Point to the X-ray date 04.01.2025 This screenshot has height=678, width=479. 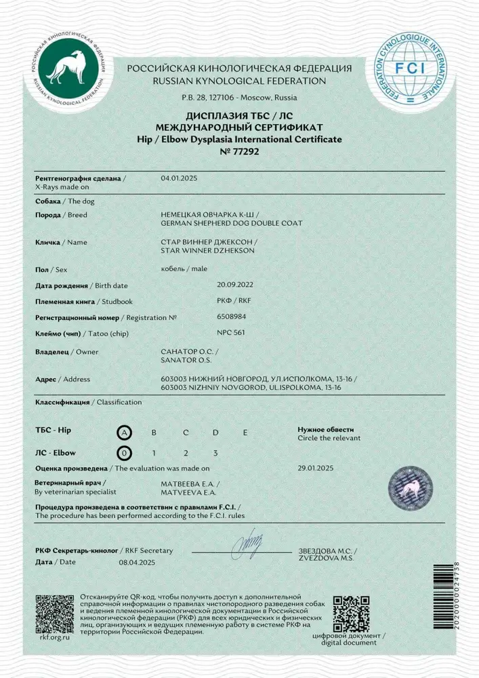pyautogui.click(x=178, y=178)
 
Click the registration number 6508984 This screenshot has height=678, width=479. pyautogui.click(x=232, y=316)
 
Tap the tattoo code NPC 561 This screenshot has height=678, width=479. pyautogui.click(x=230, y=333)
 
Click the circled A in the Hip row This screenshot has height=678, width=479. pyautogui.click(x=123, y=433)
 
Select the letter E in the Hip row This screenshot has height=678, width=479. pyautogui.click(x=245, y=433)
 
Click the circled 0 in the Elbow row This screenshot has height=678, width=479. pyautogui.click(x=123, y=452)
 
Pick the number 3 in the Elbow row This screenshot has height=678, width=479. pyautogui.click(x=215, y=452)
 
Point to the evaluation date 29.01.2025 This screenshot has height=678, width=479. pyautogui.click(x=316, y=468)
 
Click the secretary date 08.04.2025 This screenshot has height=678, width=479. pyautogui.click(x=138, y=562)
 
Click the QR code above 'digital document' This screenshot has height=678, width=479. pyautogui.click(x=352, y=613)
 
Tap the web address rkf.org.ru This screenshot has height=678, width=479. pyautogui.click(x=54, y=638)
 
